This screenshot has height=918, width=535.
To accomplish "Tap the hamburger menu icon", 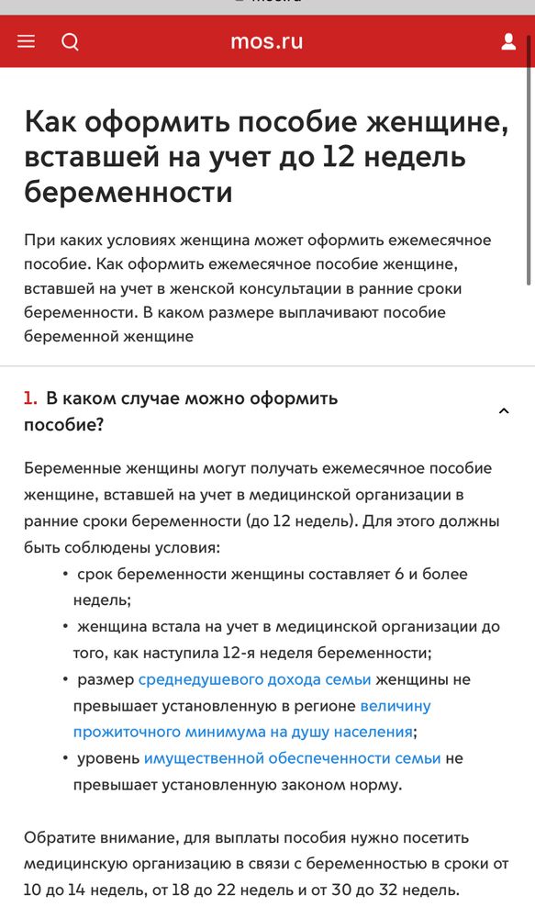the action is coord(26,41).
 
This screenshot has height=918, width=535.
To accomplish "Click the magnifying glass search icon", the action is coord(70,41).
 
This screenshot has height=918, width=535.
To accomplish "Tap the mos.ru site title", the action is coord(267,41).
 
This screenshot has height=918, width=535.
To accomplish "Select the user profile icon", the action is coord(508,41).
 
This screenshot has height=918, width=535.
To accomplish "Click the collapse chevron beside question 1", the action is coord(503,411).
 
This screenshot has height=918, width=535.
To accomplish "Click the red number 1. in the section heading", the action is coord(30,398).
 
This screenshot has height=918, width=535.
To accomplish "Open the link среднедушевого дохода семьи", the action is coord(254,679).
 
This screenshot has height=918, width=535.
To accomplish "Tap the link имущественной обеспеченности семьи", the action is coord(292,758).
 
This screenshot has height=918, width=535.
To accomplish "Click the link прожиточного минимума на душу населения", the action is coord(243,732).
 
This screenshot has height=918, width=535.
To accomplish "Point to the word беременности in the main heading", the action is coord(128,193).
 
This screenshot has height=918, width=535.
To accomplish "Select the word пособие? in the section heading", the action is coord(63,425).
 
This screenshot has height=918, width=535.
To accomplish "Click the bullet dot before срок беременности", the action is coord(65,575).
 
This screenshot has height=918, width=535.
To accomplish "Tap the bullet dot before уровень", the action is coord(65,758).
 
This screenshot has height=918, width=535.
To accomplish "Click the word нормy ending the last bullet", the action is coord(371,785).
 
